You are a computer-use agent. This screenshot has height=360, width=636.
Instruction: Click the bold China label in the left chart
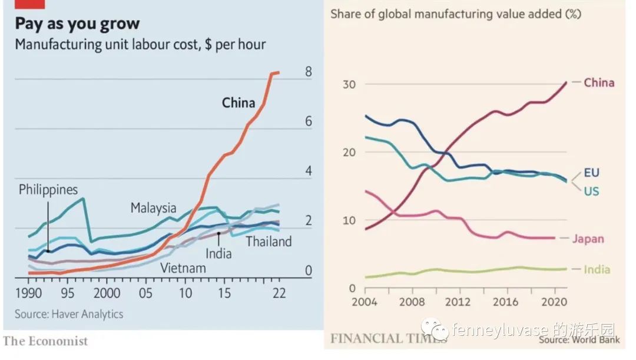[x=238, y=103]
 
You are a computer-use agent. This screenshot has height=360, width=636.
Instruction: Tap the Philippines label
[x=48, y=190]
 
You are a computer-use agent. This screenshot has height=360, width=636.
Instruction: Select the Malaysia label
[x=153, y=208]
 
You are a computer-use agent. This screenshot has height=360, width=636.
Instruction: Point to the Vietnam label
[x=183, y=269]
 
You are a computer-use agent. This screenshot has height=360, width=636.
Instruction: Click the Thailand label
[x=269, y=242]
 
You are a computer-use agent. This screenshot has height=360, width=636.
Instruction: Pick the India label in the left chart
[x=218, y=254]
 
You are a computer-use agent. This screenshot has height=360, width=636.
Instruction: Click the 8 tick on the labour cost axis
[x=308, y=72]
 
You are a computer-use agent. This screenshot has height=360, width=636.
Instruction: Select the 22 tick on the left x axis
[x=279, y=293]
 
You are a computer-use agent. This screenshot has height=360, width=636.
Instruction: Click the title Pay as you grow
[x=77, y=24]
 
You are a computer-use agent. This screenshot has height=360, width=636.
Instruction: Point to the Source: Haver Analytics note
[x=69, y=314]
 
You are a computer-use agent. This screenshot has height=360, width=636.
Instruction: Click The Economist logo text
[x=45, y=341]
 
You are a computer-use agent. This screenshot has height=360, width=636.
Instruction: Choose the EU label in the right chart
[x=591, y=173]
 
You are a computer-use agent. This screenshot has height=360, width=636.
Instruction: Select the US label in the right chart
[x=591, y=191]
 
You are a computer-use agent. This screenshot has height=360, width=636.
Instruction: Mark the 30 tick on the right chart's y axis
[x=350, y=84]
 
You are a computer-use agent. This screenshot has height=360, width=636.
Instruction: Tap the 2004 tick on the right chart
[x=365, y=302]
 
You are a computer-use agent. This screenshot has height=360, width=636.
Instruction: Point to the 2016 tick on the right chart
[x=505, y=302]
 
